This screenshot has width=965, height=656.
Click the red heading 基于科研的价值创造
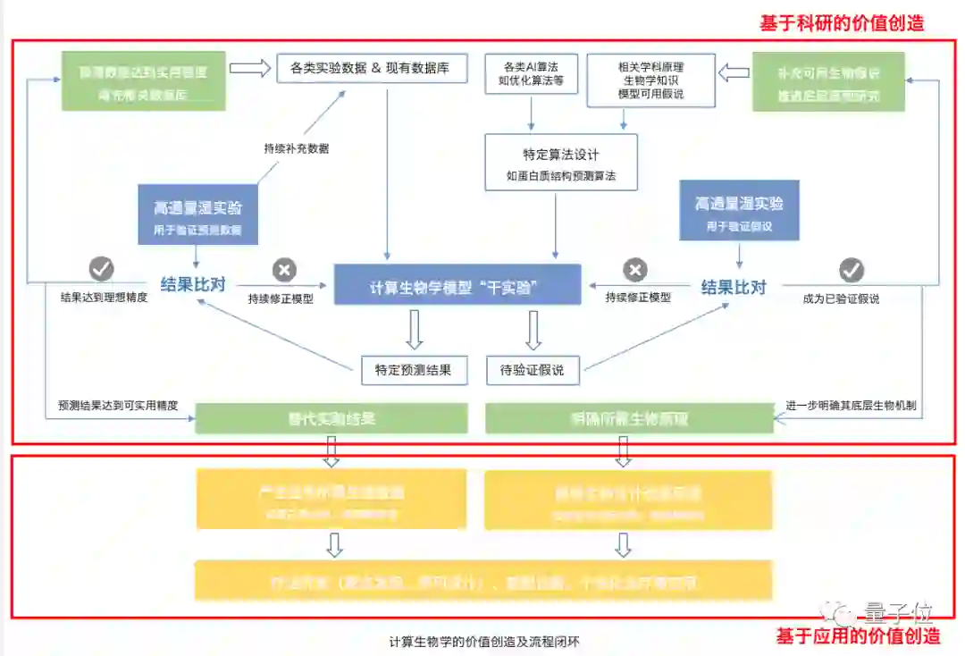[841, 23]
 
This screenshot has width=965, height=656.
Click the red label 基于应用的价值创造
[858, 636]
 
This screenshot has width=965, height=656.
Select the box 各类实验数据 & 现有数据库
[371, 68]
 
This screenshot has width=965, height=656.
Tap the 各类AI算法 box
[531, 74]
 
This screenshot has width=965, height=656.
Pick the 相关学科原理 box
[650, 80]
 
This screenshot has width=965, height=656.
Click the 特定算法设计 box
[561, 163]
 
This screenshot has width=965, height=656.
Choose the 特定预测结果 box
[414, 370]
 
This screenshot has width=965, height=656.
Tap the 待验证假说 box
[532, 370]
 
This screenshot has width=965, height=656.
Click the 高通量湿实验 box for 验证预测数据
[197, 215]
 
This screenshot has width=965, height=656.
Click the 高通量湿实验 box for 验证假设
[739, 210]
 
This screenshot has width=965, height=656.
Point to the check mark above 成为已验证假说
[852, 269]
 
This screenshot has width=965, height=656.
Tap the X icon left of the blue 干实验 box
[284, 269]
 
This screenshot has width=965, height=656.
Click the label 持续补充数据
[296, 148]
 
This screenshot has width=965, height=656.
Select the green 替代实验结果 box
[331, 418]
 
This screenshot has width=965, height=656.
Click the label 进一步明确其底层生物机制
[851, 405]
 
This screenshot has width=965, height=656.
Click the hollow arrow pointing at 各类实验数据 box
[251, 68]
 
